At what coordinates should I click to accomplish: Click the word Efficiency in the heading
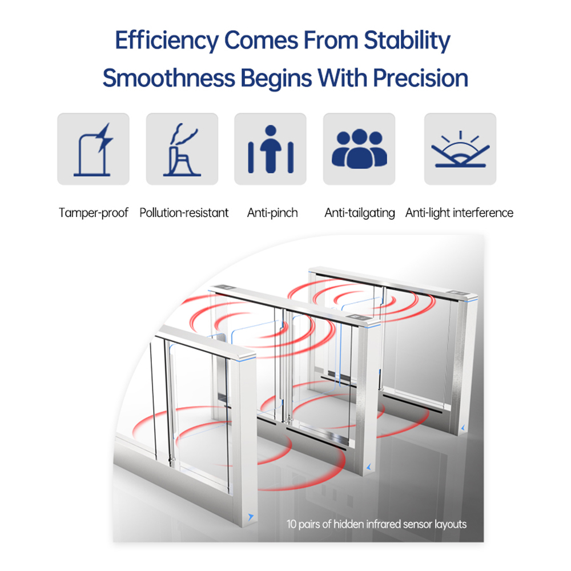point(167,41)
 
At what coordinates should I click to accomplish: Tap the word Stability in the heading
point(407,41)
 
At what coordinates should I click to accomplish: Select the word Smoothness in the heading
point(169,78)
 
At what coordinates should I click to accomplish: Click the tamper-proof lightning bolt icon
point(93,149)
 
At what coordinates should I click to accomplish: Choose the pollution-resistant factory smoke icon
point(182,149)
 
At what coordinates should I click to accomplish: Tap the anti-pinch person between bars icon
point(271,149)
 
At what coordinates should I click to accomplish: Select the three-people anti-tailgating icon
point(359,148)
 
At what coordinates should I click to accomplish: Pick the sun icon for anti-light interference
point(460,149)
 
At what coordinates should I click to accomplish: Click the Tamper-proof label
point(94,212)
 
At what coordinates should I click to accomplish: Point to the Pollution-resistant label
point(184,212)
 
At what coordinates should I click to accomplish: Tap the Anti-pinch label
point(272,212)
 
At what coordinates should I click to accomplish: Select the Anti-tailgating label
point(360,212)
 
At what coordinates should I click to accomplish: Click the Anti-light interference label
point(459,212)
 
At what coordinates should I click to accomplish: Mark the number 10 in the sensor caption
point(292,524)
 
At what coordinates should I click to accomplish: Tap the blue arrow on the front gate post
point(251,517)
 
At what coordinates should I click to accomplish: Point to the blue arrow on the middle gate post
point(368,467)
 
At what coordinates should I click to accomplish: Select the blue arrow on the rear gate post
point(463,428)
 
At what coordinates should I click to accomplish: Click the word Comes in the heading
point(261,41)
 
